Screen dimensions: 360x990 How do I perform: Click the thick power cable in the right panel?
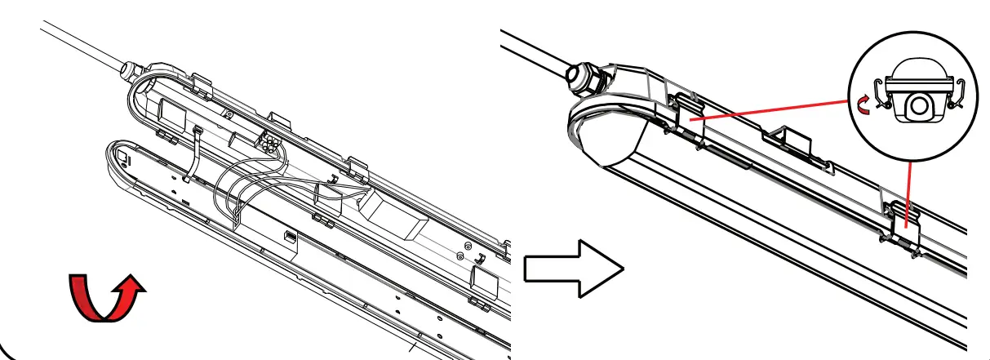[531, 51]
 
